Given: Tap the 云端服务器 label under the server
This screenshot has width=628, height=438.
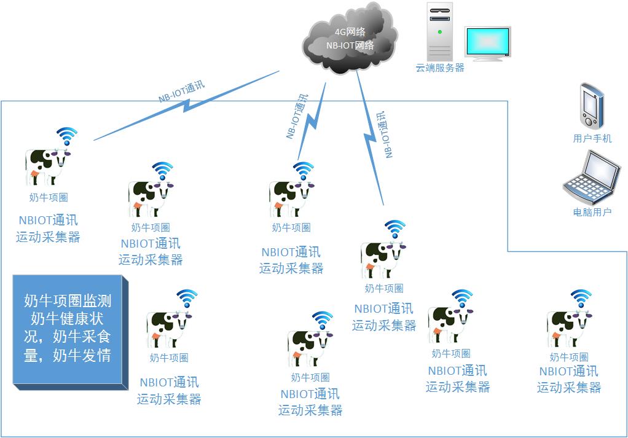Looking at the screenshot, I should (440, 68).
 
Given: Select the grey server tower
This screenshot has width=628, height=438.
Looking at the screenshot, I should (440, 31).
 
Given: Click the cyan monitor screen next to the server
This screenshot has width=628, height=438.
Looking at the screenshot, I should (487, 42).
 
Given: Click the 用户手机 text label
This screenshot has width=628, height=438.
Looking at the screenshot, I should (592, 138).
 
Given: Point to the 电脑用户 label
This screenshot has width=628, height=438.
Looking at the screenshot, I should (592, 212).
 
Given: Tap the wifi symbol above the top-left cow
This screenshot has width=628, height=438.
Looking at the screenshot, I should (67, 136).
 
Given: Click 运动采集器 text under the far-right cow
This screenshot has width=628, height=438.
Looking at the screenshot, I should (569, 387).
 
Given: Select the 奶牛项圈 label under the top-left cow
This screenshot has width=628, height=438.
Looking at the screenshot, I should (49, 197).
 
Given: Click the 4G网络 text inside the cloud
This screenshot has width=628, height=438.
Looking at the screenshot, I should (350, 32).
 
